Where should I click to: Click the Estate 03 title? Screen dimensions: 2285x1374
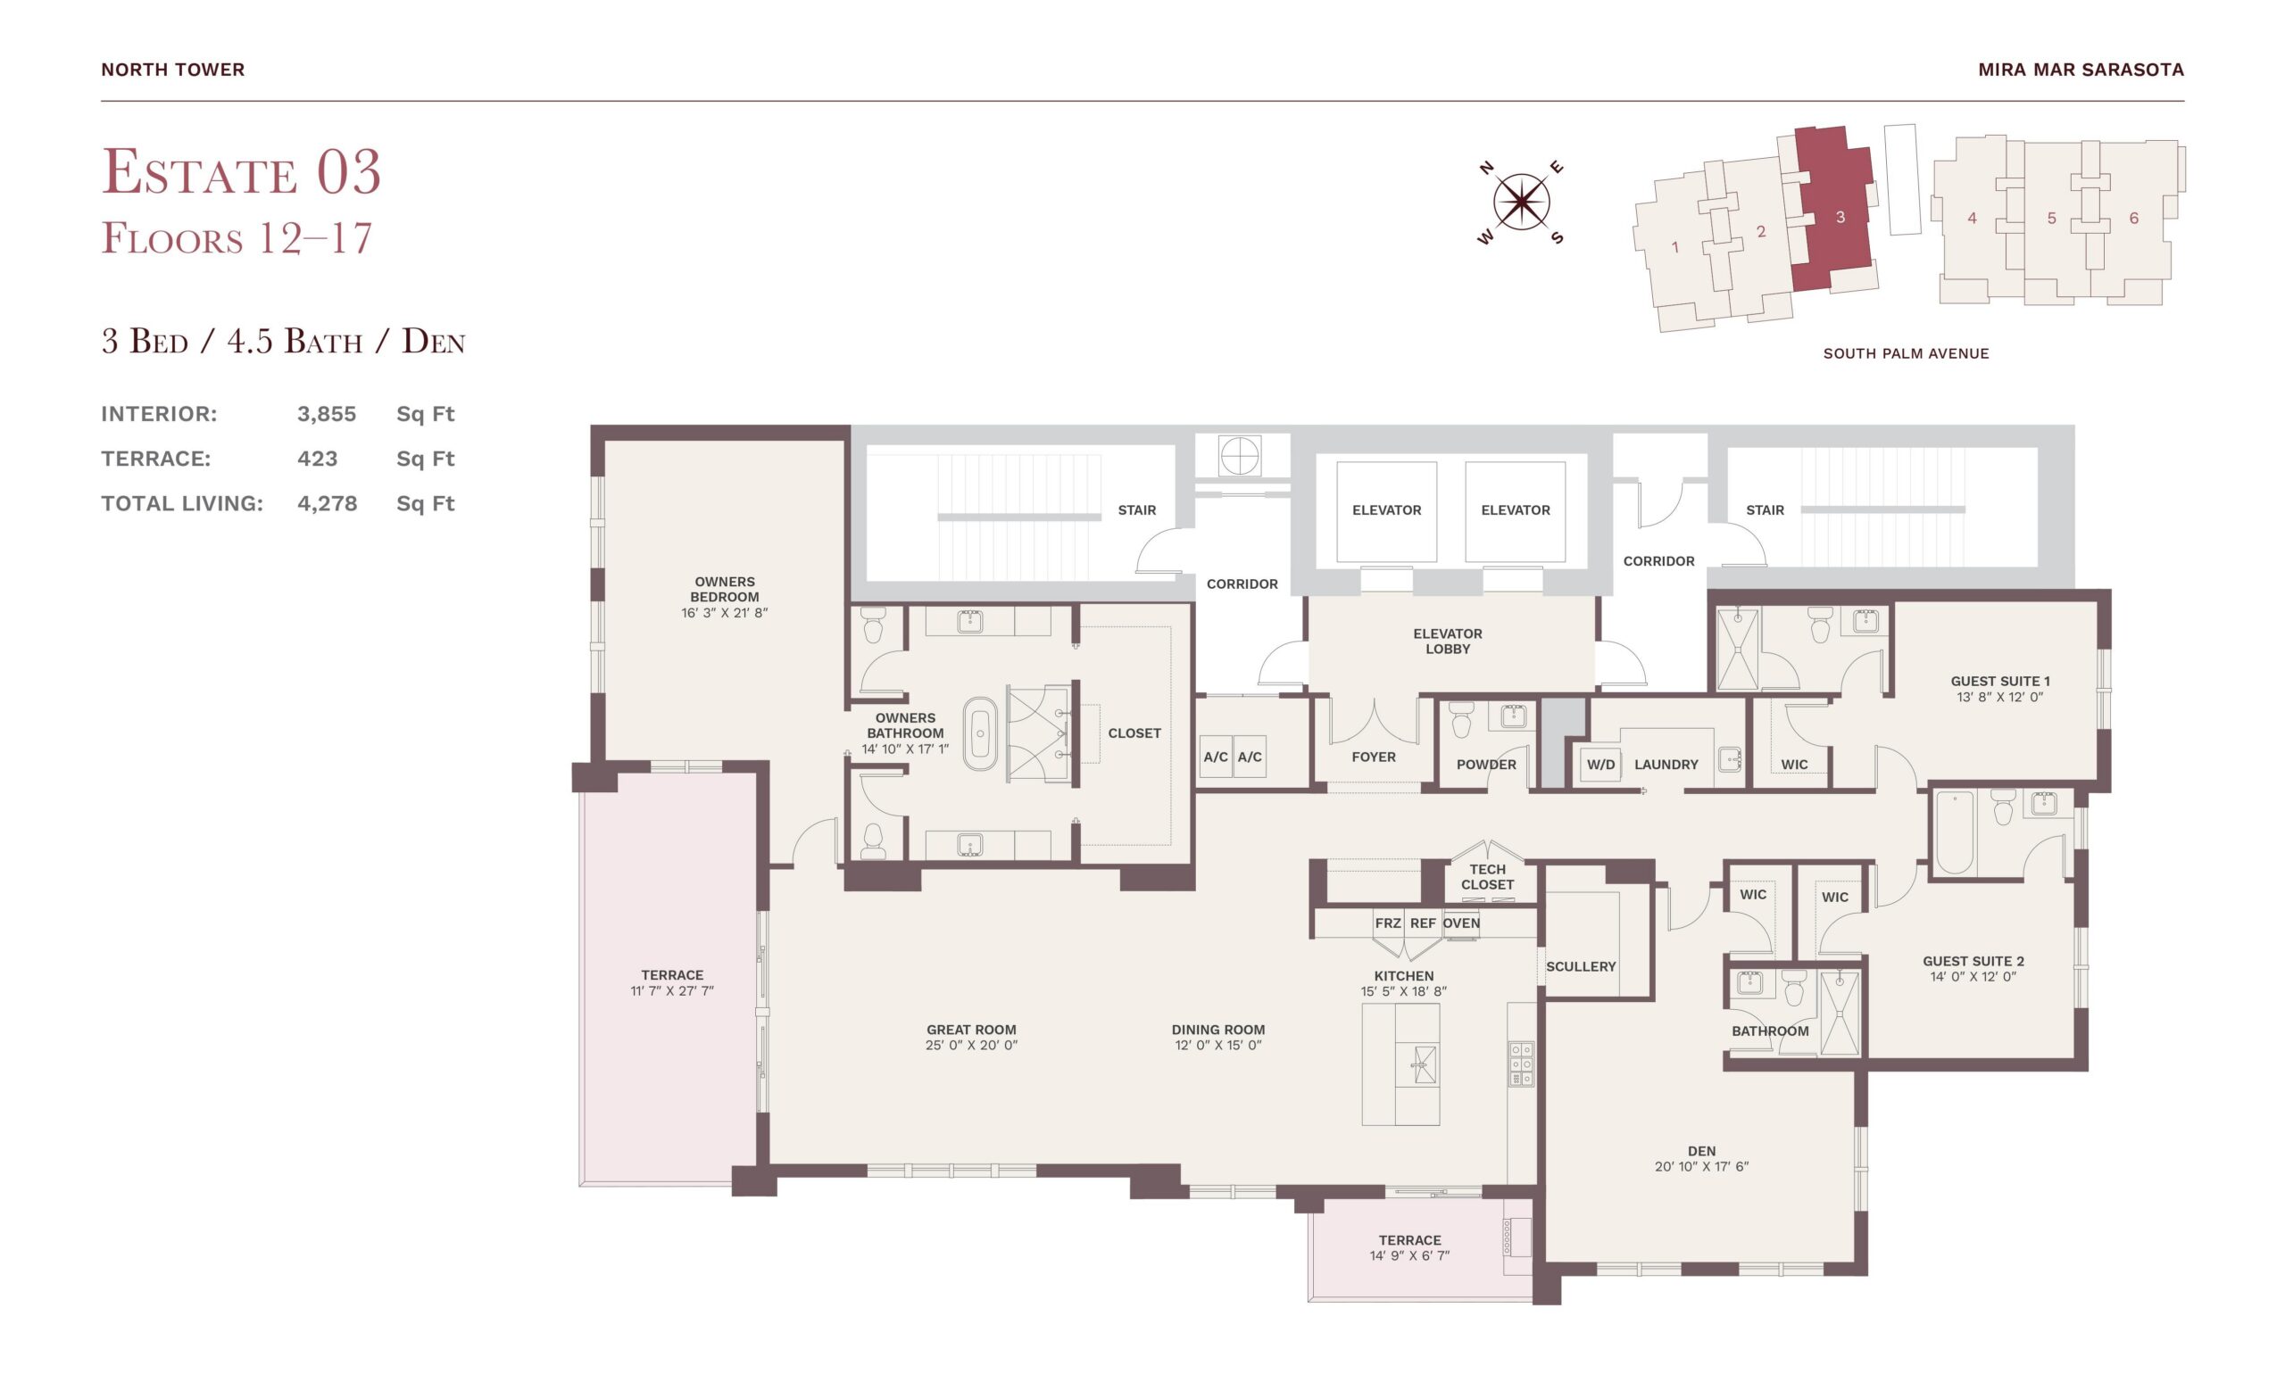(x=241, y=171)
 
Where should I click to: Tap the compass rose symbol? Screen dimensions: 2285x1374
(x=1520, y=202)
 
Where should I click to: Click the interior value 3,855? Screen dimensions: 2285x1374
(x=326, y=414)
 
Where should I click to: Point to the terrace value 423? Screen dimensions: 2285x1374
(x=317, y=459)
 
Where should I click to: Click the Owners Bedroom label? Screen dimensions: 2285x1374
(x=724, y=589)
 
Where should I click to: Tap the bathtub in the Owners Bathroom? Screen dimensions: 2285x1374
(x=980, y=734)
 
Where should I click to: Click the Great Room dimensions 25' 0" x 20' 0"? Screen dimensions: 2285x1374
(x=971, y=1046)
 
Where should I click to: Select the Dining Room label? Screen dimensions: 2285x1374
(x=1218, y=1030)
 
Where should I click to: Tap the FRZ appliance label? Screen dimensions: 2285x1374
(x=1387, y=923)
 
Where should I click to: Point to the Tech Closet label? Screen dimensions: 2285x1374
(x=1488, y=877)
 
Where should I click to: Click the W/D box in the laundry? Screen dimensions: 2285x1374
(x=1599, y=764)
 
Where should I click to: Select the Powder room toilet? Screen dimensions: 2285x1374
(x=1461, y=718)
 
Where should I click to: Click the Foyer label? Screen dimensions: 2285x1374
(x=1373, y=757)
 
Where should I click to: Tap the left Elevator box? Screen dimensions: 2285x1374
(x=1386, y=510)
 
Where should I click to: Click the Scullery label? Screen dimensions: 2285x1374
(x=1580, y=966)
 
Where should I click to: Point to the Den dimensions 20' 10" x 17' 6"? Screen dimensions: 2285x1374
(x=1701, y=1167)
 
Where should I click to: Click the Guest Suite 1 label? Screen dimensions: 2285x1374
(x=1999, y=681)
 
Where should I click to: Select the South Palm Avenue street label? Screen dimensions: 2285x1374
(x=1906, y=352)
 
